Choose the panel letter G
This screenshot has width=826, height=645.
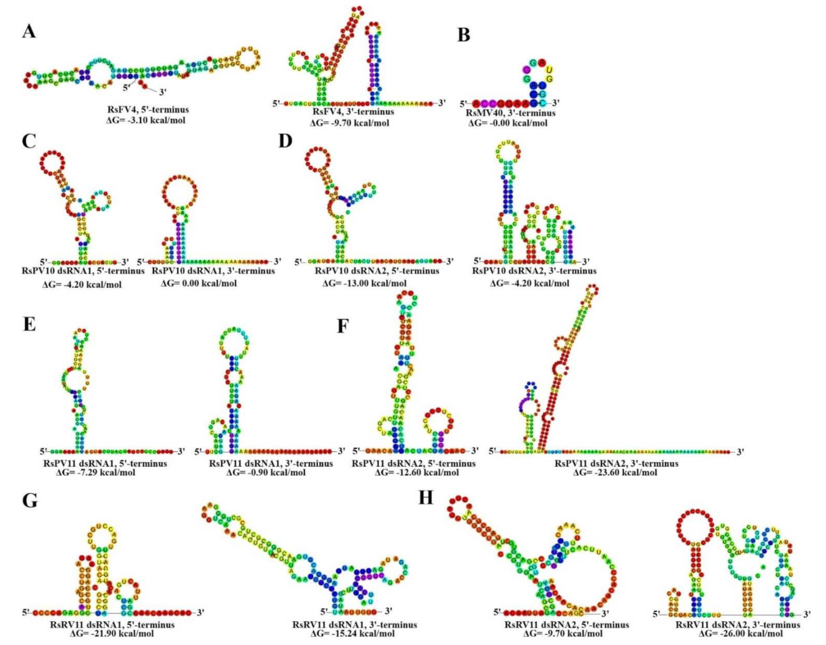pyautogui.click(x=29, y=500)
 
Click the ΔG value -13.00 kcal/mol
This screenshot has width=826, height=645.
pyautogui.click(x=365, y=283)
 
